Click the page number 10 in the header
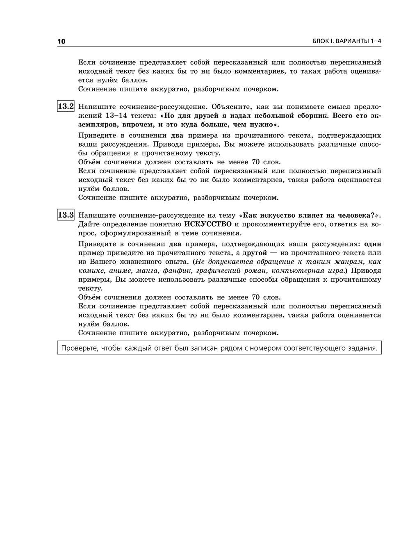click(x=61, y=41)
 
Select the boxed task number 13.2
click(x=66, y=107)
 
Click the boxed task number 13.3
click(x=66, y=215)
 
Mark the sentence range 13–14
click(x=116, y=115)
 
